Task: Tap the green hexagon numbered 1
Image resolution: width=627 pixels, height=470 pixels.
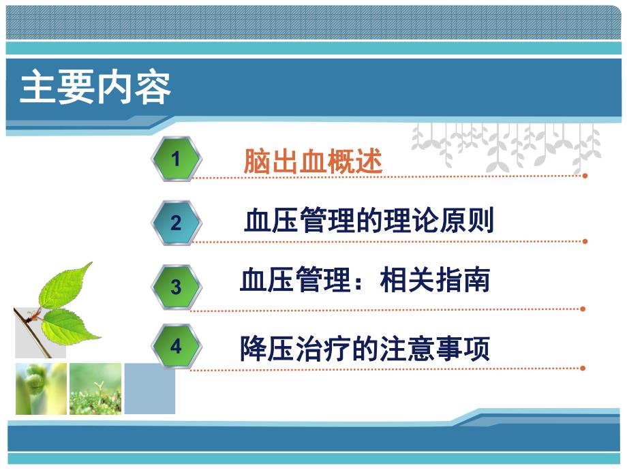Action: [x=176, y=159]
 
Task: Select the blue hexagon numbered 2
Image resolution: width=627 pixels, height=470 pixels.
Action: [x=176, y=223]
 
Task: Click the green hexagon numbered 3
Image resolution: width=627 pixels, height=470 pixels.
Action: [x=176, y=286]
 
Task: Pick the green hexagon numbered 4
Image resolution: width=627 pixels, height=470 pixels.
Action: [x=176, y=346]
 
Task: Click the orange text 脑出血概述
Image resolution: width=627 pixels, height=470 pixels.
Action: [x=313, y=161]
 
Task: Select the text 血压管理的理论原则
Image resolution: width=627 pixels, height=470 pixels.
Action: [x=368, y=221]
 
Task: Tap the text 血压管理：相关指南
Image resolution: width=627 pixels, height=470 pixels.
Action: [x=365, y=281]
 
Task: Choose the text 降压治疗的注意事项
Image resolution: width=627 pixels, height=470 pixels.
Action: [x=365, y=349]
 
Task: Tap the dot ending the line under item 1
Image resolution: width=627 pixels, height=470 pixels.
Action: [x=584, y=175]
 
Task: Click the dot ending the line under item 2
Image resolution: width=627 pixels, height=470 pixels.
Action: [x=584, y=240]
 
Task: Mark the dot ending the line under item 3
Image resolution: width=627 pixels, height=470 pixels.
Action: [x=583, y=308]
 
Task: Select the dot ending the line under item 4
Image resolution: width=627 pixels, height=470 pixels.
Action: [x=583, y=368]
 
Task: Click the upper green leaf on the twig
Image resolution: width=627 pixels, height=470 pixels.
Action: [x=65, y=285]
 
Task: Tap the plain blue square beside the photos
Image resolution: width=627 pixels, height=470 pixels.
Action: [x=149, y=388]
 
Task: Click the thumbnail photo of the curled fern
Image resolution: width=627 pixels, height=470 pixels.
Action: [x=42, y=388]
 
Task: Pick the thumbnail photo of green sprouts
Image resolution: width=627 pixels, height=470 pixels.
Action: [x=95, y=388]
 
